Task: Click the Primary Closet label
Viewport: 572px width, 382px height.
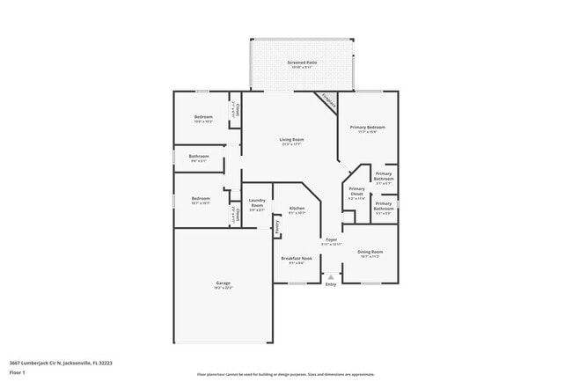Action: (x=356, y=191)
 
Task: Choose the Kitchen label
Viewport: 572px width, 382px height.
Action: (x=297, y=209)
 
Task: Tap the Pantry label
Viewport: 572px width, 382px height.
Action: (x=276, y=226)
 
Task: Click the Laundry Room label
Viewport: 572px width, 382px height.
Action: (x=257, y=204)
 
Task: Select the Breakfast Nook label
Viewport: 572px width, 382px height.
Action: (x=297, y=259)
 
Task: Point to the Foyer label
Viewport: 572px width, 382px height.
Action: (x=331, y=240)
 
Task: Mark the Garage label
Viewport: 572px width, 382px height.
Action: (x=223, y=283)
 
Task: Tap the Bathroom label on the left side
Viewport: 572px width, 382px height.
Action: (x=198, y=158)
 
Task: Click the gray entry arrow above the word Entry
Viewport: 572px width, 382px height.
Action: (x=331, y=275)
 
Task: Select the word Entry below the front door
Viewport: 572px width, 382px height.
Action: (x=331, y=284)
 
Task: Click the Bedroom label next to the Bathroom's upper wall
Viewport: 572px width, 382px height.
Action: (x=203, y=118)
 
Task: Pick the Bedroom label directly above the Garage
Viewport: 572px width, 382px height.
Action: (x=201, y=199)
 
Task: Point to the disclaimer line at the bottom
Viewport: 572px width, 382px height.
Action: (x=285, y=375)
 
